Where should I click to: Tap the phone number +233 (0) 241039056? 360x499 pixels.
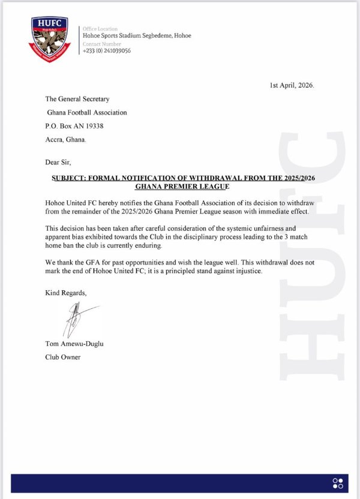point(107,50)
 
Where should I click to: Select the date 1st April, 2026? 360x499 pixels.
point(292,85)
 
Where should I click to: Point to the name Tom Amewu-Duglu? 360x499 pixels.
point(70,344)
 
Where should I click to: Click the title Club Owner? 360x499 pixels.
point(63,357)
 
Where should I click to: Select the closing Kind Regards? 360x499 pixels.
point(66,293)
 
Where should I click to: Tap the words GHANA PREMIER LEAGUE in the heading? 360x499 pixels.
point(184,188)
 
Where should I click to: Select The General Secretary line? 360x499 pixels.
point(77,99)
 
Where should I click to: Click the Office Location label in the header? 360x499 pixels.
point(100,29)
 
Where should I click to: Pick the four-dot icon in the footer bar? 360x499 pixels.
point(338,483)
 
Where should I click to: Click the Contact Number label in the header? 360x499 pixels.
point(101,44)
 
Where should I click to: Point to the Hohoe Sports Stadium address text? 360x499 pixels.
point(137,35)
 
